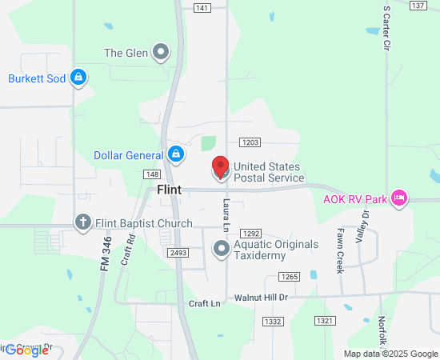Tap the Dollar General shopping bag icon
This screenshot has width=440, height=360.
[x=177, y=154]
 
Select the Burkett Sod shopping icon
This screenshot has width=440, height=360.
[x=78, y=78]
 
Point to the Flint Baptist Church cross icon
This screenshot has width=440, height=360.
[x=82, y=222]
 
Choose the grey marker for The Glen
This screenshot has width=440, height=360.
[x=162, y=53]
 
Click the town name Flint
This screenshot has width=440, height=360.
[x=169, y=190]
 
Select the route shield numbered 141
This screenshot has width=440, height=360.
[x=202, y=7]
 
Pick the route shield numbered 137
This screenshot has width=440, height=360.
[x=417, y=6]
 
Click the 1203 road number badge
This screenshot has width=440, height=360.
[x=249, y=142]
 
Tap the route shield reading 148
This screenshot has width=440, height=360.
[x=152, y=174]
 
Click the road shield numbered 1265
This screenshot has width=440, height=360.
[x=289, y=277]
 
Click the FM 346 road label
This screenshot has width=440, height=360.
[x=106, y=252]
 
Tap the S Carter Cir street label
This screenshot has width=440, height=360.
[x=386, y=30]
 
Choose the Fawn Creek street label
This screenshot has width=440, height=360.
[x=340, y=250]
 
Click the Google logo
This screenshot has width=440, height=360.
[x=27, y=350]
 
